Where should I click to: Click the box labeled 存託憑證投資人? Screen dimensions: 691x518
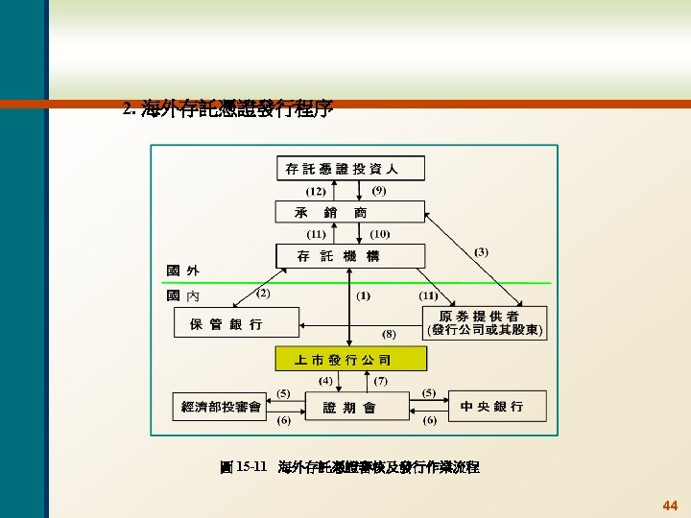click(x=350, y=169)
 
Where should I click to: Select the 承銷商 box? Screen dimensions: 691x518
click(x=350, y=212)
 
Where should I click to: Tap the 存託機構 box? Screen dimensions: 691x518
click(x=350, y=256)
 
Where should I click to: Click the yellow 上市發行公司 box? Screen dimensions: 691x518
click(x=350, y=360)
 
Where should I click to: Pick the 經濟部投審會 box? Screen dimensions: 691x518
click(x=223, y=407)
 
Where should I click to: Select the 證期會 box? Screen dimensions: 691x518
click(x=350, y=407)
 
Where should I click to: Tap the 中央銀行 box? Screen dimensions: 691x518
click(x=492, y=407)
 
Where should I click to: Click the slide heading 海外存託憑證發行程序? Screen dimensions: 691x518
click(x=228, y=109)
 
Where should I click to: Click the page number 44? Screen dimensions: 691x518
click(x=669, y=505)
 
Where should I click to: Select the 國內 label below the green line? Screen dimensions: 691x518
click(x=183, y=295)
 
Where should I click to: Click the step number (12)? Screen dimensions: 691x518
click(x=318, y=191)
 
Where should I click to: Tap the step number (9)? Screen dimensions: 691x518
click(x=379, y=190)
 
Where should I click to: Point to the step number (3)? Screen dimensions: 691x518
click(x=481, y=251)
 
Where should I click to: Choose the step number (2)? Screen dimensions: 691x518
click(x=262, y=292)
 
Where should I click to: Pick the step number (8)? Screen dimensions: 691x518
click(x=389, y=334)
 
